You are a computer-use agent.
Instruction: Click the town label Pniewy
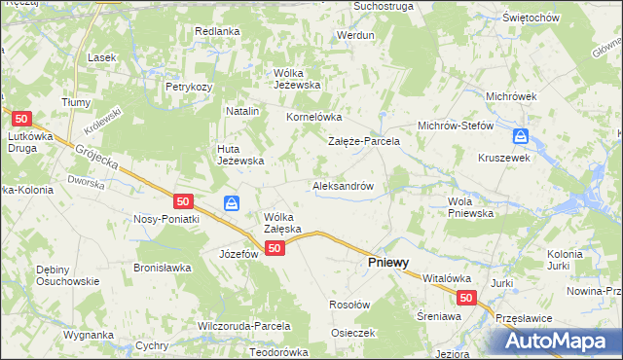click(x=386, y=263)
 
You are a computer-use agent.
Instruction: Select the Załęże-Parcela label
click(x=364, y=141)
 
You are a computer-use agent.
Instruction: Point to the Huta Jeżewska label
click(x=239, y=155)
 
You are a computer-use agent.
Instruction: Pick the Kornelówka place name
click(x=311, y=118)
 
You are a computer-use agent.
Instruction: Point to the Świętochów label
click(x=558, y=18)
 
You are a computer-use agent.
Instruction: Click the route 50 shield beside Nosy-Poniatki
click(x=183, y=201)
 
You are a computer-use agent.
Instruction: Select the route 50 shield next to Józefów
click(x=275, y=249)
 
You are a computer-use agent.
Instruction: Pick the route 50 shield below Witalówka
click(x=466, y=300)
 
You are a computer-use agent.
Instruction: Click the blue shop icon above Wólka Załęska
click(x=232, y=203)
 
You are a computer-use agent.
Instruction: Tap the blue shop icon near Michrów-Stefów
click(x=521, y=136)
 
